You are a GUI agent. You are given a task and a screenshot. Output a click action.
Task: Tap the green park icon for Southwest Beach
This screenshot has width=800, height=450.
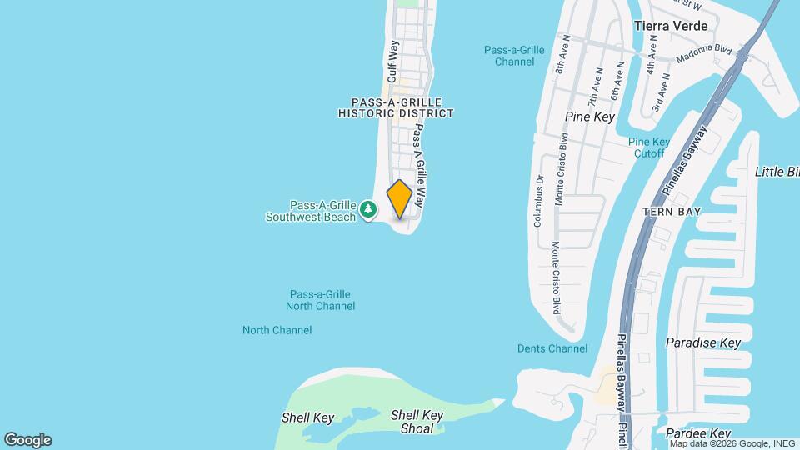pyautogui.click(x=368, y=211)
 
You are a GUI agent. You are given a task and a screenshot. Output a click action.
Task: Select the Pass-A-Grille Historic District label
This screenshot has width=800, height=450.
pyautogui.click(x=396, y=107)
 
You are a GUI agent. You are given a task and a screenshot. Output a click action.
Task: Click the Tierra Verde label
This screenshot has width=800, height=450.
pyautogui.click(x=671, y=26)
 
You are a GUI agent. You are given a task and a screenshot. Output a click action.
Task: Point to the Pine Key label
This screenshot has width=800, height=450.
pyautogui.click(x=589, y=117)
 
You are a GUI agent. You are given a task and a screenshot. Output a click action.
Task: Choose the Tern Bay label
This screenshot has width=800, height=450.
pyautogui.click(x=672, y=212)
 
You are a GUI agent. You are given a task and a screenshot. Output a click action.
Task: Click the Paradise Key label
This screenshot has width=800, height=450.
pyautogui.click(x=703, y=342)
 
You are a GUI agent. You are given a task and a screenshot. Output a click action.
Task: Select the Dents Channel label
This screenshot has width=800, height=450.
pyautogui.click(x=552, y=348)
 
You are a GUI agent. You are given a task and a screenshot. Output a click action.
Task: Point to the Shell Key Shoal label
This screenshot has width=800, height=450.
pyautogui.click(x=412, y=422)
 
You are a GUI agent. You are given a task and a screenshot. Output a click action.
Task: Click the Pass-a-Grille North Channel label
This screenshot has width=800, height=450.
pyautogui.click(x=320, y=300)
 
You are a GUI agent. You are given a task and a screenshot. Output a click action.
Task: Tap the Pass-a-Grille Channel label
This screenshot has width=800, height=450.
pyautogui.click(x=514, y=56)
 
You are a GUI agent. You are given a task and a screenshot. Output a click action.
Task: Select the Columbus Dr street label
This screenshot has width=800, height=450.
pyautogui.click(x=539, y=201)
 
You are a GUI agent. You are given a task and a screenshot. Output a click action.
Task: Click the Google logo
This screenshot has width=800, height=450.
pyautogui.click(x=27, y=440)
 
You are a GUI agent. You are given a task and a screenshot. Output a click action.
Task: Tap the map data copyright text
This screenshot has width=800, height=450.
pyautogui.click(x=733, y=443)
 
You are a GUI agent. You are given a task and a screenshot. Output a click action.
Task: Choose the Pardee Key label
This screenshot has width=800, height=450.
pyautogui.click(x=698, y=433)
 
